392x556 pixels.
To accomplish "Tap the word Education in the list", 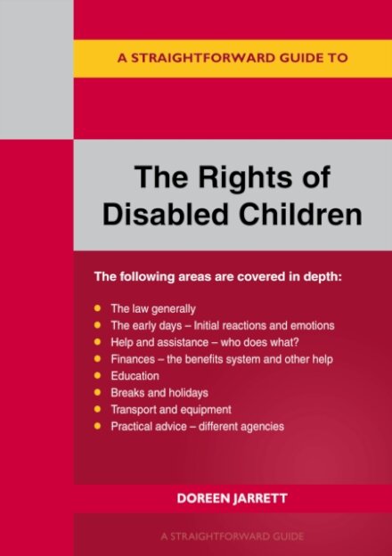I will tap(135, 376).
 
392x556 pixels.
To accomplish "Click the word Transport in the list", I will tap(134, 410).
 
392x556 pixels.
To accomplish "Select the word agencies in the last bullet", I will tap(260, 427).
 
